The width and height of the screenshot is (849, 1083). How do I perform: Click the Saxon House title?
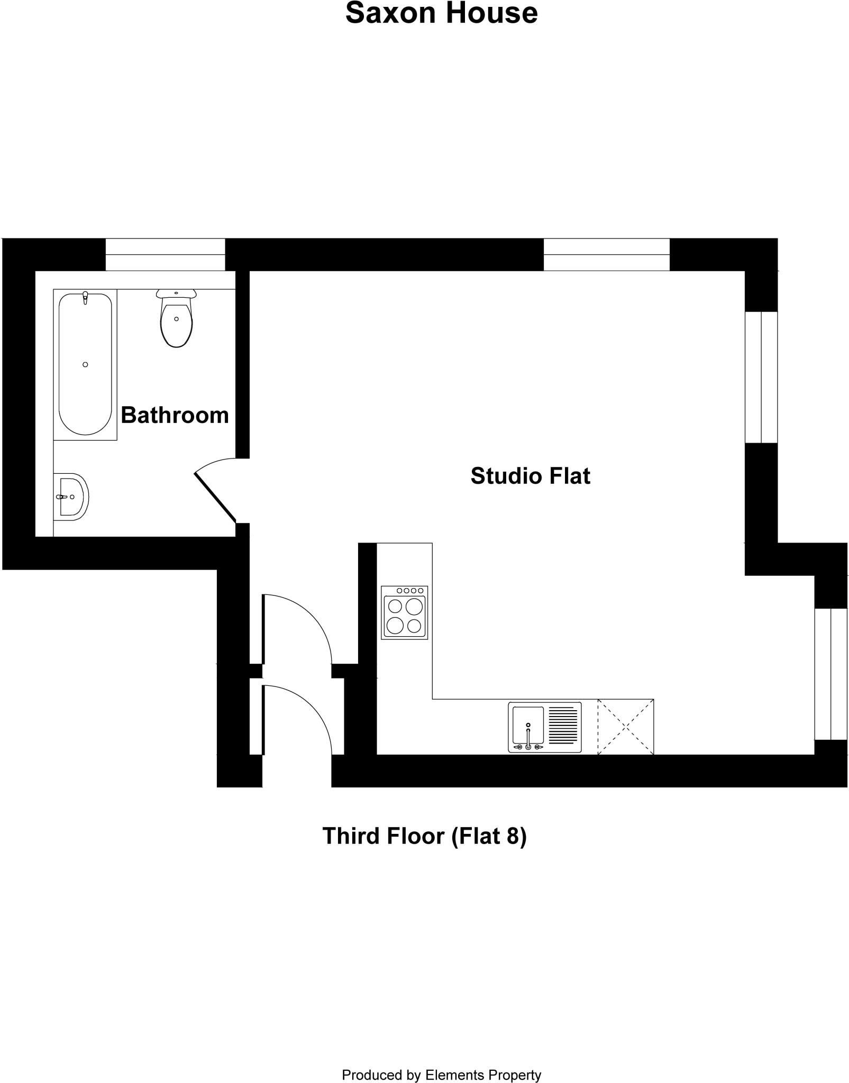pyautogui.click(x=441, y=14)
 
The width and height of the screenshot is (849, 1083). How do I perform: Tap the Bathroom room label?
pyautogui.click(x=175, y=415)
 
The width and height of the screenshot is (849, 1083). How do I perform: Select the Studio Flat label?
pyautogui.click(x=530, y=476)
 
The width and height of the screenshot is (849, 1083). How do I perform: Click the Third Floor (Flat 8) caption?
pyautogui.click(x=424, y=836)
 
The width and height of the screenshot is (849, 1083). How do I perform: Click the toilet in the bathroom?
pyautogui.click(x=176, y=320)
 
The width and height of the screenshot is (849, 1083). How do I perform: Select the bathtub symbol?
pyautogui.click(x=85, y=364)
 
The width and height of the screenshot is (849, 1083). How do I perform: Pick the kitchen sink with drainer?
pyautogui.click(x=544, y=727)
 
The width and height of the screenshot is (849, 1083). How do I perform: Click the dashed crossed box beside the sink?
pyautogui.click(x=626, y=727)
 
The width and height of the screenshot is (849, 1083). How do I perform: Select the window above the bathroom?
pyautogui.click(x=165, y=254)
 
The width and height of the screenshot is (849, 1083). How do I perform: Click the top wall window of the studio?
pyautogui.click(x=606, y=254)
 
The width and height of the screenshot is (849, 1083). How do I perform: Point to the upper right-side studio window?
pyautogui.click(x=761, y=377)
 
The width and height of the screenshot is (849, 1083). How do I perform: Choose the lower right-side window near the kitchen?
pyautogui.click(x=831, y=674)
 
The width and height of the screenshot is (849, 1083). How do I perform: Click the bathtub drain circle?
pyautogui.click(x=85, y=364)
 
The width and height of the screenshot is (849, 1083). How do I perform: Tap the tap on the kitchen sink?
pyautogui.click(x=528, y=738)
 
